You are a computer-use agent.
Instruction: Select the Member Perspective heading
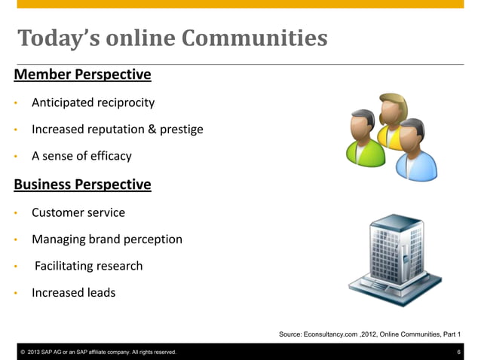(x=83, y=75)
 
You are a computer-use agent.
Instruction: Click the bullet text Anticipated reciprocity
(x=93, y=102)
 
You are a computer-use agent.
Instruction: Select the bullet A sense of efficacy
(x=81, y=157)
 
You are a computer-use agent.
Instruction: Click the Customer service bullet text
(x=78, y=212)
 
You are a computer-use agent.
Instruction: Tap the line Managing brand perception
(x=107, y=239)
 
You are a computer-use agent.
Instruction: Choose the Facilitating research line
(x=88, y=266)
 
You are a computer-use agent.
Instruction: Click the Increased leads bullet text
(x=74, y=293)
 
